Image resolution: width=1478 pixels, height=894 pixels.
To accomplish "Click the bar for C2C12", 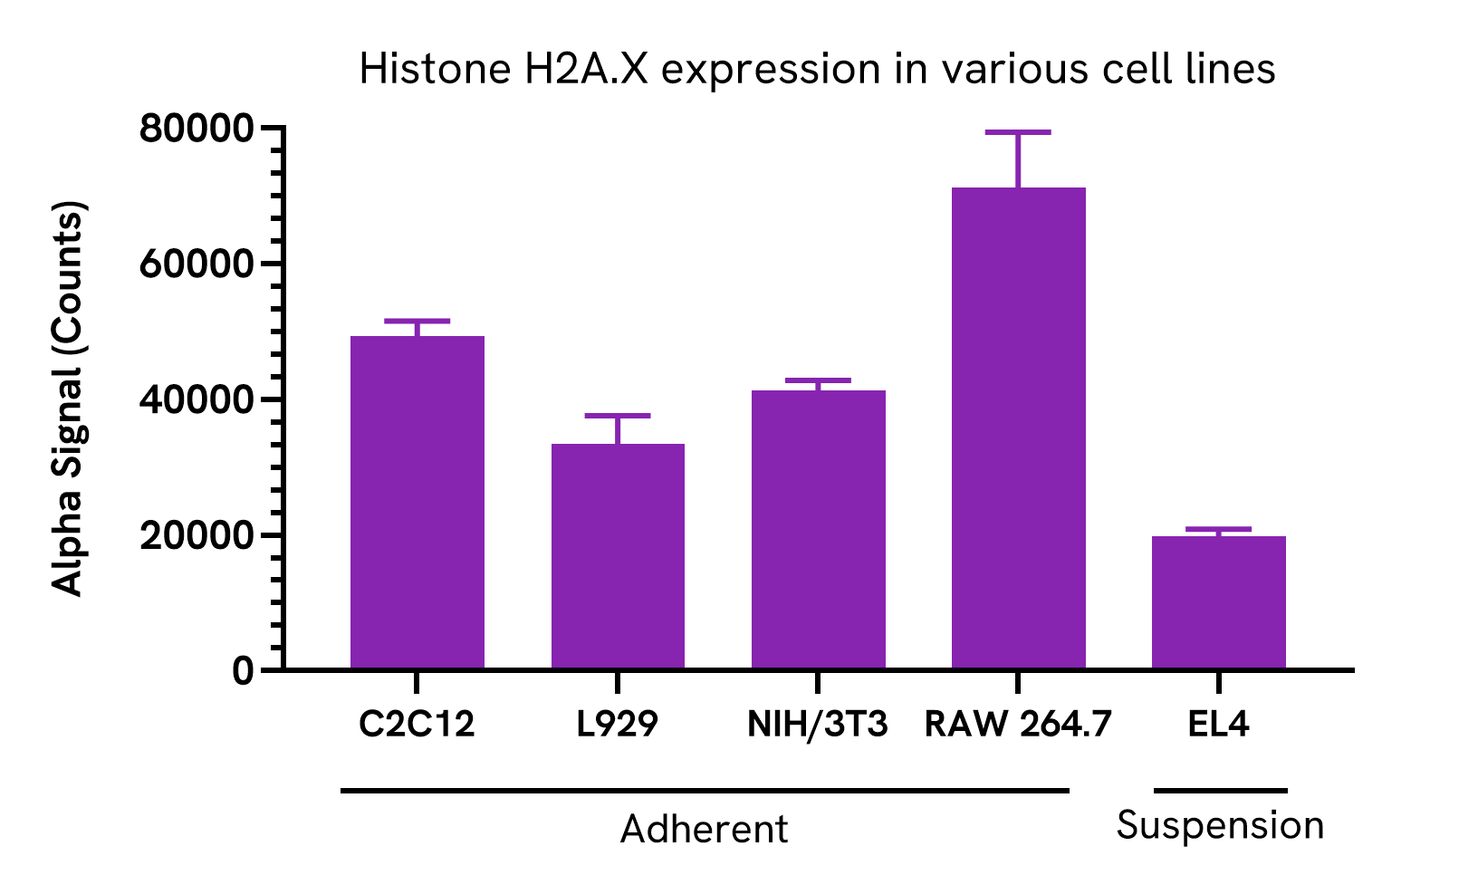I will (x=417, y=503).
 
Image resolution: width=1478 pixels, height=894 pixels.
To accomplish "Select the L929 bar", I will (x=618, y=556).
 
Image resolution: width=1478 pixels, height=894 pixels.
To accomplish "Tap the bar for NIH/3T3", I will (x=819, y=530).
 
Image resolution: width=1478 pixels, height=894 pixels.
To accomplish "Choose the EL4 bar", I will (x=1219, y=602).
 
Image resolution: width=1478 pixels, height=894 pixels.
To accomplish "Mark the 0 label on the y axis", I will (x=242, y=671).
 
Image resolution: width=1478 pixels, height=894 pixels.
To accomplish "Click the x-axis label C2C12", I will (x=417, y=725).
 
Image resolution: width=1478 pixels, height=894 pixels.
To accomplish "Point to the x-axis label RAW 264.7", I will (x=1018, y=725).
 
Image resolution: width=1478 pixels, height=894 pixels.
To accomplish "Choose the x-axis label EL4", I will (x=1219, y=725).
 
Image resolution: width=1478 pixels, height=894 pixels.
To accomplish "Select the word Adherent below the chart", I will (x=705, y=830).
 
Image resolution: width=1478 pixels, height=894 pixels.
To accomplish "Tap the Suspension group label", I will (x=1220, y=826).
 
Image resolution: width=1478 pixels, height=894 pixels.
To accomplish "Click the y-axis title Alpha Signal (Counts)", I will (x=68, y=399).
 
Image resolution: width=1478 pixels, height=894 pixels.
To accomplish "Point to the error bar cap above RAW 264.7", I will (x=1019, y=132).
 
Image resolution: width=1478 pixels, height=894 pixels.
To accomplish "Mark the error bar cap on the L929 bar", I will (x=618, y=416).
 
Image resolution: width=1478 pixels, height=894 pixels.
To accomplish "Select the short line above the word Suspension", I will (x=1220, y=791).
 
